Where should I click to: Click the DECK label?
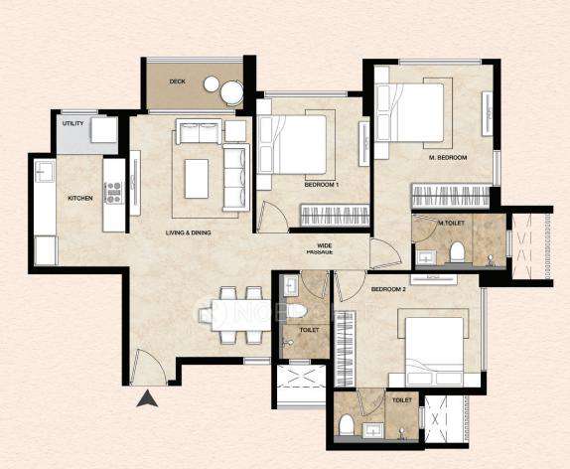(x=178, y=81)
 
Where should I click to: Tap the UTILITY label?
(x=71, y=123)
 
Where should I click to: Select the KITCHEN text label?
(x=80, y=199)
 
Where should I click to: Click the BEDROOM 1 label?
(x=323, y=185)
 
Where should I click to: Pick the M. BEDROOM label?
(x=448, y=158)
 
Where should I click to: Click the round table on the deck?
(x=232, y=93)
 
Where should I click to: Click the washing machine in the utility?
(x=104, y=129)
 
